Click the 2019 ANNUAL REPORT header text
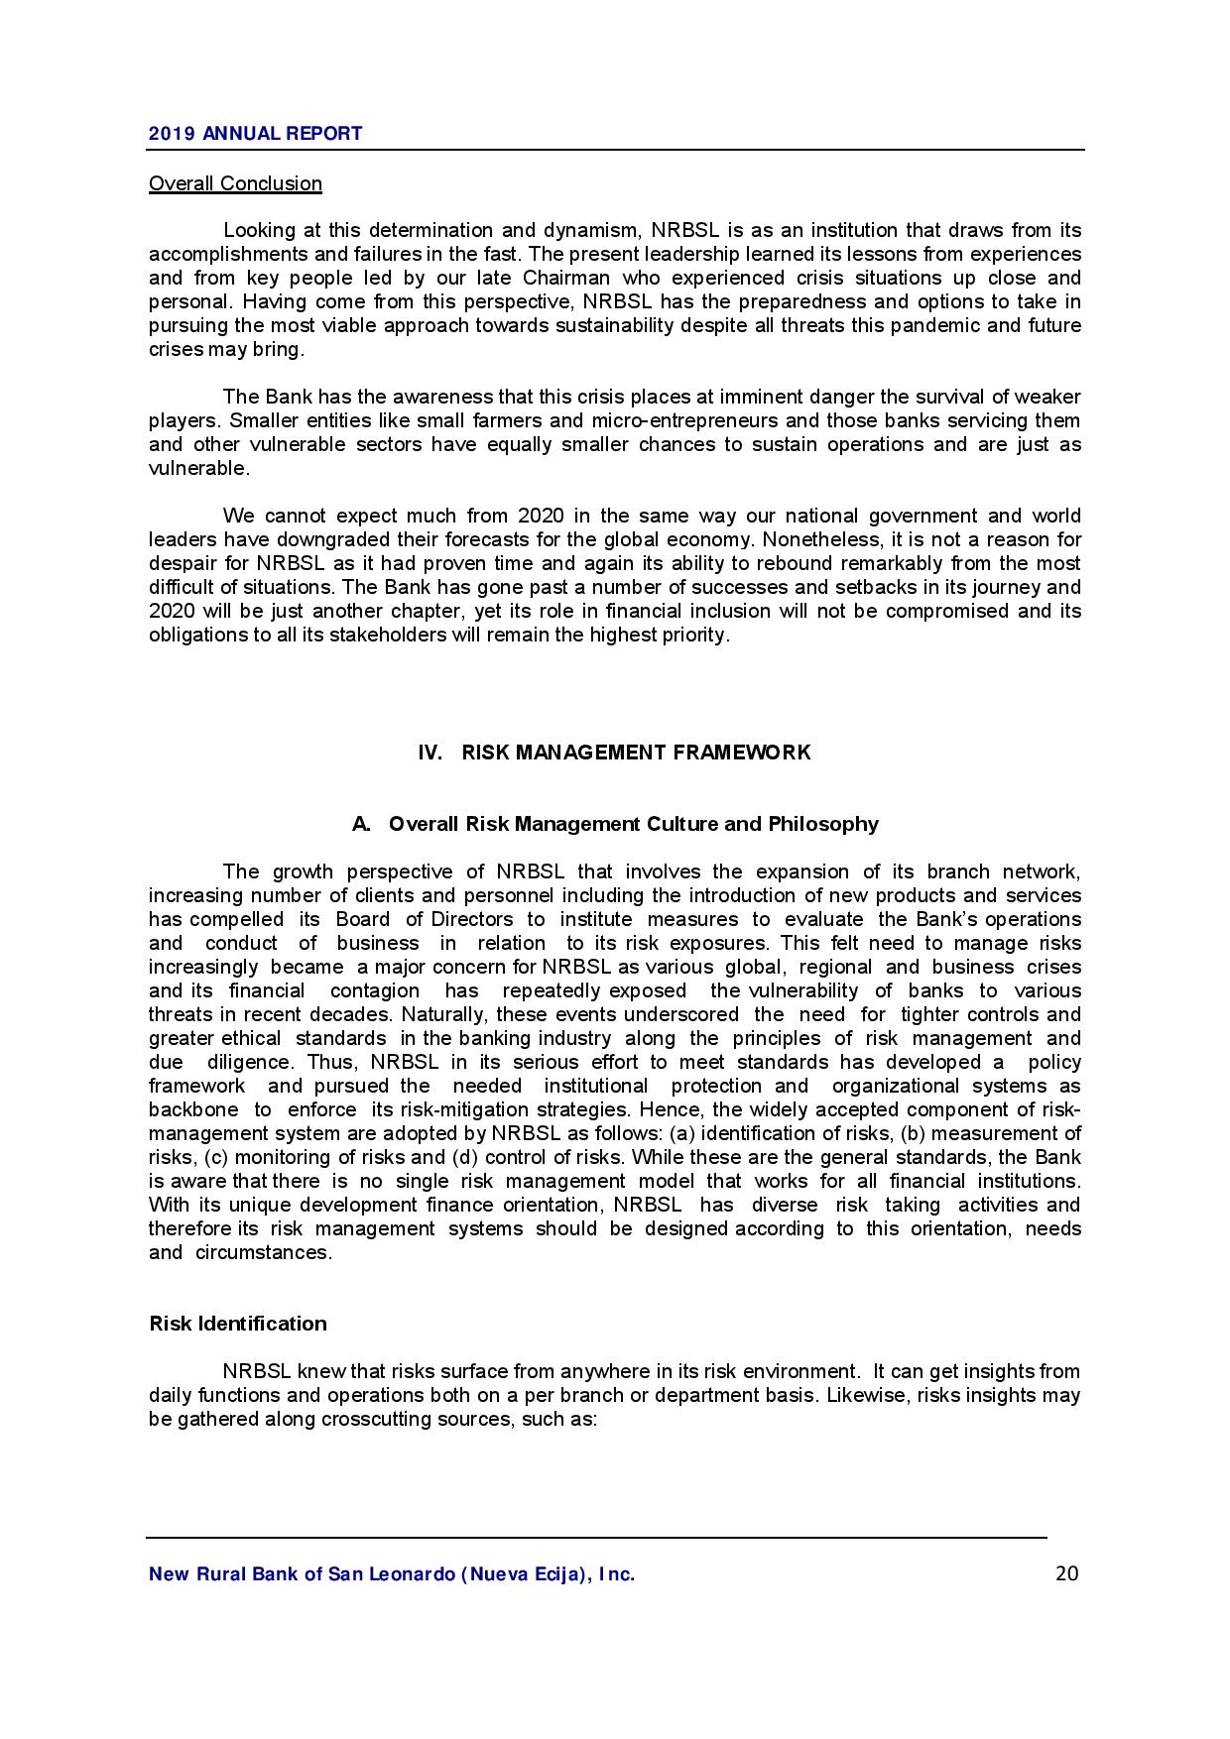[x=255, y=134]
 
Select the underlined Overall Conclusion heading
[x=235, y=183]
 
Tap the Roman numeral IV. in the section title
[x=430, y=753]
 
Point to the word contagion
[x=375, y=991]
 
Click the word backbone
[x=193, y=1110]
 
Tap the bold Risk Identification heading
[x=237, y=1324]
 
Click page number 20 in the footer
[x=1066, y=1573]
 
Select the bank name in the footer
[x=392, y=1574]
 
